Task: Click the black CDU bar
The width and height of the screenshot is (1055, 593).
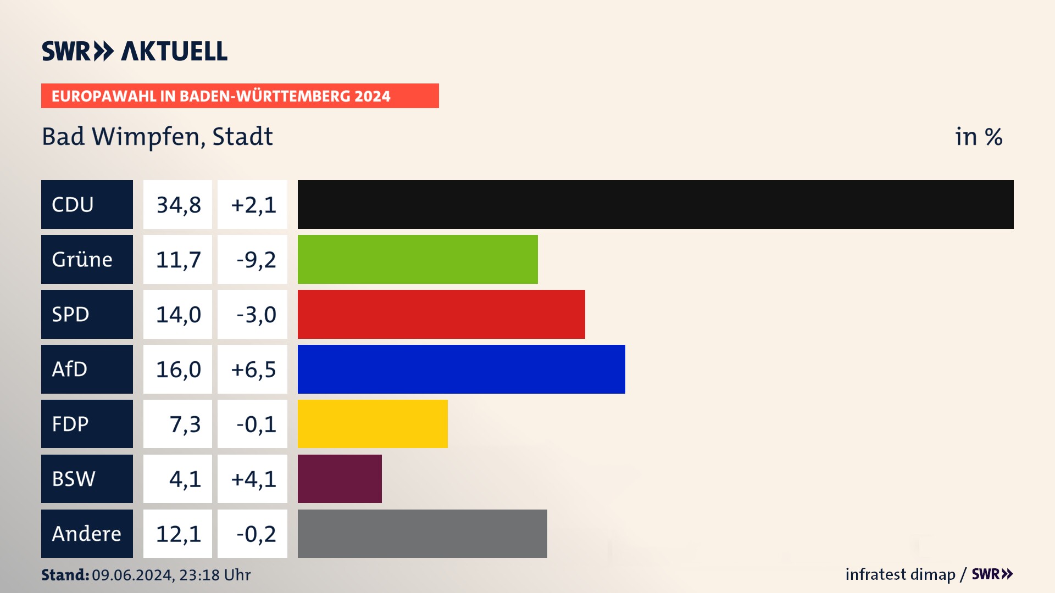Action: click(655, 204)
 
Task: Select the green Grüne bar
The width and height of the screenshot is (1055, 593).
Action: click(418, 259)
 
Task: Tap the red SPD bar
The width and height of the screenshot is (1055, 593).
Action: click(441, 314)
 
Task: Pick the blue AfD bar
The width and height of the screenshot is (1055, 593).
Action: click(461, 369)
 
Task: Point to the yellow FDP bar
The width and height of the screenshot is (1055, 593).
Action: click(373, 424)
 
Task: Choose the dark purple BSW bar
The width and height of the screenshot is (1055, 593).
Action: click(340, 479)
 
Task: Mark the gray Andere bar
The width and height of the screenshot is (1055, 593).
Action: click(422, 534)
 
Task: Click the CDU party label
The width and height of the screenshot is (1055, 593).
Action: click(87, 204)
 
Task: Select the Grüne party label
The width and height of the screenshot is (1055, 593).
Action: click(87, 259)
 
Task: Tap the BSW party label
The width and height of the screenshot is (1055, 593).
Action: click(87, 479)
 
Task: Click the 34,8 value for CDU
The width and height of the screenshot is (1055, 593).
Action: click(178, 205)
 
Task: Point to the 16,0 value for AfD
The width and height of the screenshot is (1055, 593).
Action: click(178, 370)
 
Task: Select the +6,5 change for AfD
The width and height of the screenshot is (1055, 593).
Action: click(253, 370)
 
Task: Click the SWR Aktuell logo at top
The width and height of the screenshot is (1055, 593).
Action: click(135, 51)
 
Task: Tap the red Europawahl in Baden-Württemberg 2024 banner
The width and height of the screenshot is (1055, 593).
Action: click(240, 96)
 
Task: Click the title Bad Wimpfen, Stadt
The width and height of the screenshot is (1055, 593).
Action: click(157, 137)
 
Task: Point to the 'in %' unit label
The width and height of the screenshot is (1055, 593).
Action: click(978, 137)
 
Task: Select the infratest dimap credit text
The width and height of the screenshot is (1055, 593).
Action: click(900, 574)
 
